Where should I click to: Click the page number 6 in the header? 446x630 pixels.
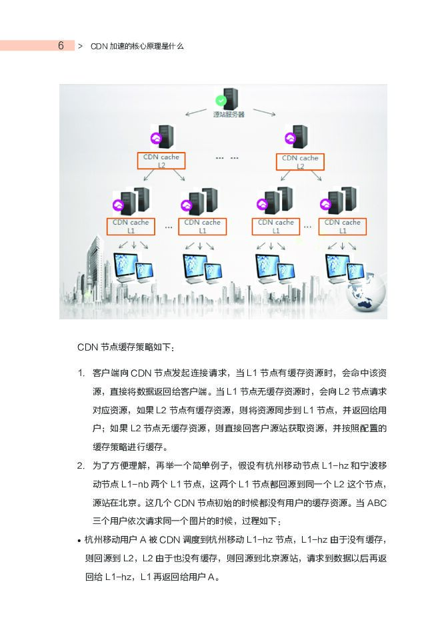61,45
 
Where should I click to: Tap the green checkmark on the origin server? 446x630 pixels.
220,101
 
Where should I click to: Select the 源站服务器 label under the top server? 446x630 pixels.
229,115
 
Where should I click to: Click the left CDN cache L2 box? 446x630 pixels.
161,161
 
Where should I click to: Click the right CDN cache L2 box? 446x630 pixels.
299,161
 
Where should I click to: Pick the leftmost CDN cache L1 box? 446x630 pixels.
131,226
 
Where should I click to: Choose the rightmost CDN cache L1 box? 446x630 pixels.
342,226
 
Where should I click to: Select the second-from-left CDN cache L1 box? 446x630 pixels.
202,226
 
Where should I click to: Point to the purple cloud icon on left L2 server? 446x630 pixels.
157,139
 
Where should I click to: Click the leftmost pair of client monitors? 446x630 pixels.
132,267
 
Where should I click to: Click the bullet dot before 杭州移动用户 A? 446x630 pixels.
79,539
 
